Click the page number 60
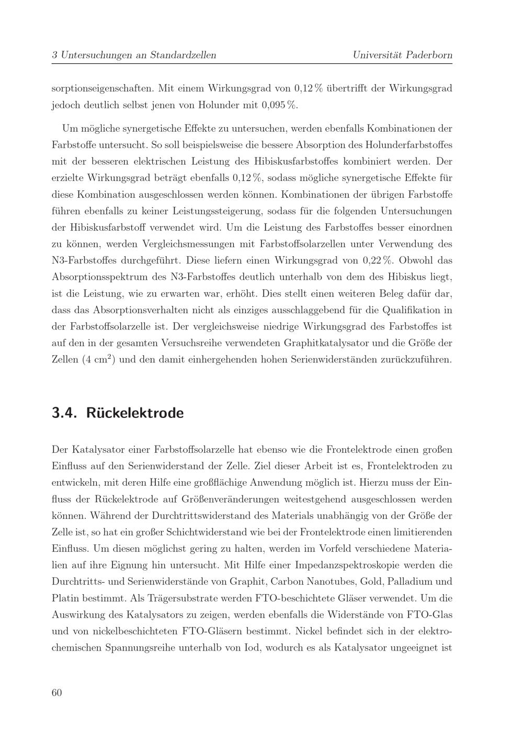click(57, 692)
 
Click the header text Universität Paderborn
click(402, 55)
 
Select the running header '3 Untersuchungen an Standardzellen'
click(134, 55)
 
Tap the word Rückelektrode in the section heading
click(135, 413)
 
